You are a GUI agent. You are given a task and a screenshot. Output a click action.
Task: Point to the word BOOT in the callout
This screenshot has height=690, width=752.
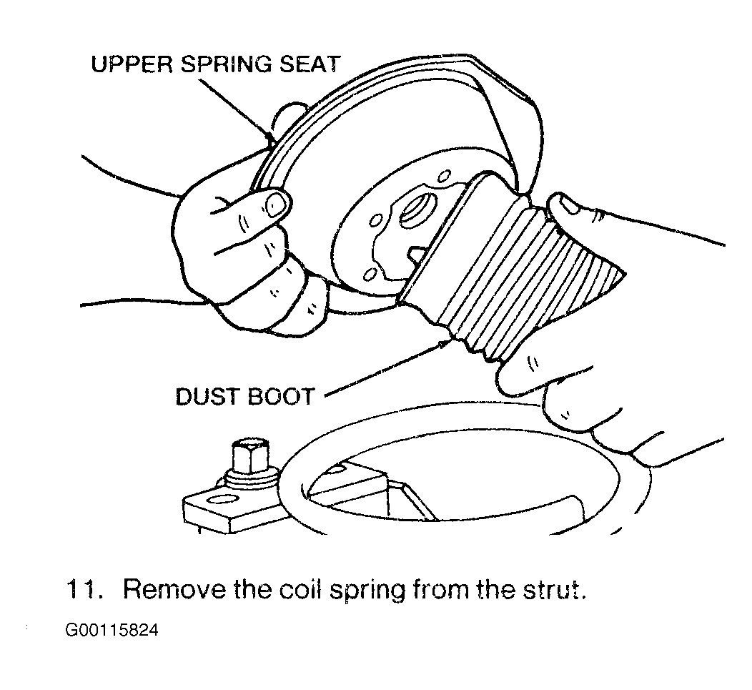(x=280, y=398)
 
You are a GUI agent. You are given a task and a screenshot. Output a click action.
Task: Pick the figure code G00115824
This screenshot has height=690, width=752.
(x=112, y=629)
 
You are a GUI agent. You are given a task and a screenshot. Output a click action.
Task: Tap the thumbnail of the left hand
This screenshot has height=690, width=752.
(x=275, y=204)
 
